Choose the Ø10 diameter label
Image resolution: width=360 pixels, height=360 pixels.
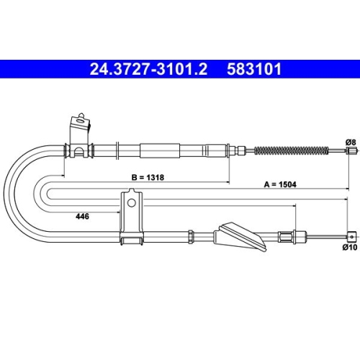[x=350, y=247]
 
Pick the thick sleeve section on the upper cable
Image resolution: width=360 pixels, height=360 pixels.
[x=158, y=150]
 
